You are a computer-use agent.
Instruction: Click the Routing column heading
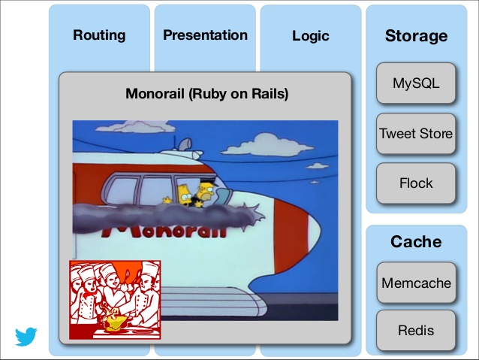99,35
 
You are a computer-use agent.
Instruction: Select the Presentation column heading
205,35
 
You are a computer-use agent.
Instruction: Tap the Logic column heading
311,36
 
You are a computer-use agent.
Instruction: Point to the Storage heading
416,36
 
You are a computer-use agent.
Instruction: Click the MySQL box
416,83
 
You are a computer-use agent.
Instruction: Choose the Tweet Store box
416,133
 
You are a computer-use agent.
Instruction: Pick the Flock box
416,183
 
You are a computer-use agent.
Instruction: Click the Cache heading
416,242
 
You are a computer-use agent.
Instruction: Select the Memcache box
416,283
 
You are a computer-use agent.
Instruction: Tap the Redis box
416,331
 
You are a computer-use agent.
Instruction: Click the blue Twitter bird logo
26,337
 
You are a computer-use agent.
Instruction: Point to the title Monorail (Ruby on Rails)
206,94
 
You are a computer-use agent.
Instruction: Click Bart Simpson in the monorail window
183,195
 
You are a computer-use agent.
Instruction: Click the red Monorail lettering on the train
164,231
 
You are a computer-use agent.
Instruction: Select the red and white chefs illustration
115,300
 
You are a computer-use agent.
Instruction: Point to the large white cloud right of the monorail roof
267,144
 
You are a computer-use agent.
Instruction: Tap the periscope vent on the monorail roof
185,144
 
